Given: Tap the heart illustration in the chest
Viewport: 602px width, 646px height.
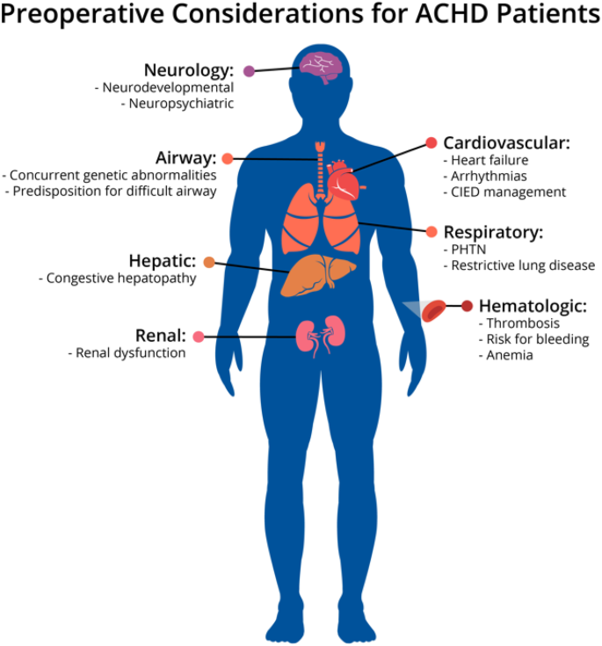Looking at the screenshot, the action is click(x=343, y=180).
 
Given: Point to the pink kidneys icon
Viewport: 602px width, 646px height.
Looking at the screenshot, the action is click(x=317, y=336).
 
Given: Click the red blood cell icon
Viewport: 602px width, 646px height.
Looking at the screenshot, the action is click(x=434, y=309).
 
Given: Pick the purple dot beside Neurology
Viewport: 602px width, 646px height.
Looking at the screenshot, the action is click(x=250, y=71).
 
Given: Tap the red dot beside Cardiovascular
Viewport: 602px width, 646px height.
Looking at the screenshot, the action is click(x=431, y=142).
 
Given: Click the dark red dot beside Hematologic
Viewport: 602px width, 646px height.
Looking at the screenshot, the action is click(x=467, y=306).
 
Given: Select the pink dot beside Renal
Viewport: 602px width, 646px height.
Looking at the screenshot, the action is click(x=199, y=337).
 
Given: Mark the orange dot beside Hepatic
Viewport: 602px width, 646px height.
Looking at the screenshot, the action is click(x=208, y=262).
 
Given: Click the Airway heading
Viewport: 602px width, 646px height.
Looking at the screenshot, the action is click(x=185, y=158).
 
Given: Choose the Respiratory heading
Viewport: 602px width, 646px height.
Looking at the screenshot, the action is click(x=493, y=233).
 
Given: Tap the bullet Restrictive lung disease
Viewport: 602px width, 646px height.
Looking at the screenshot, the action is click(x=519, y=265).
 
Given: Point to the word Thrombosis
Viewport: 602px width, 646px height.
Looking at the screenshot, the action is click(x=525, y=323).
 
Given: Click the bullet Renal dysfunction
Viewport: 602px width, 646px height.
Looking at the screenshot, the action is click(x=127, y=352).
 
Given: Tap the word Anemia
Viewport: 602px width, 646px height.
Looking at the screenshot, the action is click(x=509, y=355).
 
